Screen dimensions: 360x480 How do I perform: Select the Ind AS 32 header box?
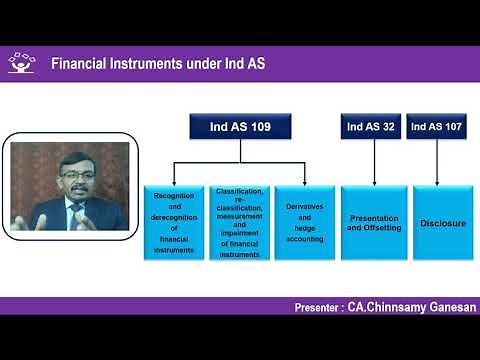coord(368,127)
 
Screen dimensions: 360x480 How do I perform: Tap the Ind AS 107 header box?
coord(436,127)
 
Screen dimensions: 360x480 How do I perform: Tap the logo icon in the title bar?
coord(21,63)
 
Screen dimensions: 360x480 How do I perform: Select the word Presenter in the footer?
coord(323,306)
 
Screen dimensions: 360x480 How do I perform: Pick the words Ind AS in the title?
coord(240,64)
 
